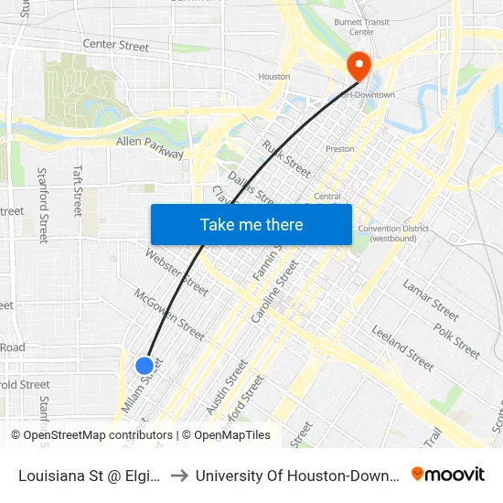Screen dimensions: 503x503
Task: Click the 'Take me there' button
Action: click(x=251, y=225)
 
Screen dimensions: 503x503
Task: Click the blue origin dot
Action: click(x=144, y=366)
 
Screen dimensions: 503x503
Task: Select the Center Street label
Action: click(x=115, y=45)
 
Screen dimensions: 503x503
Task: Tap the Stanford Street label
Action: click(x=42, y=204)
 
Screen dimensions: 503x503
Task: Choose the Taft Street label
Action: click(x=78, y=190)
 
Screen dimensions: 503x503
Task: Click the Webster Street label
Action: click(x=177, y=273)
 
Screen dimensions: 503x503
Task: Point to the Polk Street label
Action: click(x=456, y=340)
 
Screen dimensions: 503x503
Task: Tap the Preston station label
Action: click(x=340, y=148)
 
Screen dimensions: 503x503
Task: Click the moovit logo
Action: click(x=448, y=475)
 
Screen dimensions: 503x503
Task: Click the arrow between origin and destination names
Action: click(x=179, y=476)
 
